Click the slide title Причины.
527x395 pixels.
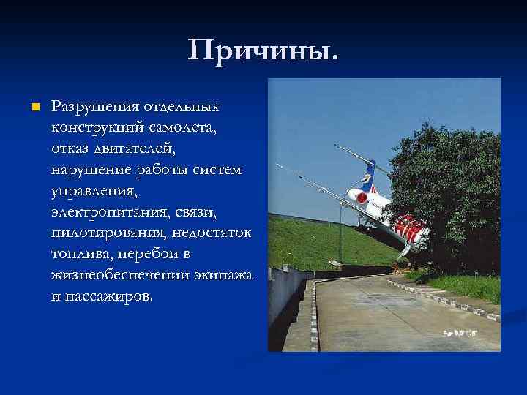click(263, 51)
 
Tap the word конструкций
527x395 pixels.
click(95, 128)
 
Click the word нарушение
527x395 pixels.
click(88, 170)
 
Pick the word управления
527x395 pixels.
click(93, 192)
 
